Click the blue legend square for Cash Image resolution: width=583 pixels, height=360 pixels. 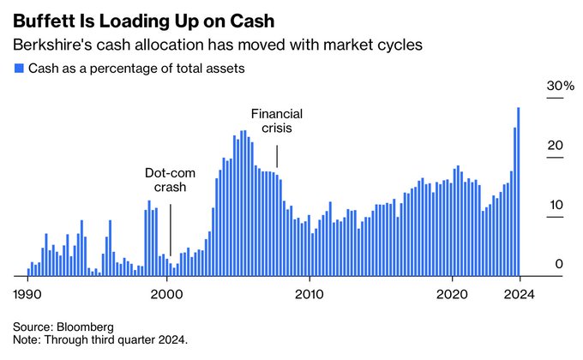(x=18, y=69)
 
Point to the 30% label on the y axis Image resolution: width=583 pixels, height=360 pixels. (x=560, y=87)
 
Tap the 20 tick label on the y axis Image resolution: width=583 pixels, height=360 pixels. (x=556, y=146)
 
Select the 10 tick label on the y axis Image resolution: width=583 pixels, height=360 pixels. (x=556, y=206)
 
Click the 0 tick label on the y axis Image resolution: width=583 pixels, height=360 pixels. (x=559, y=264)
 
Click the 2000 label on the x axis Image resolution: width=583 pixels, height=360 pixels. (x=166, y=294)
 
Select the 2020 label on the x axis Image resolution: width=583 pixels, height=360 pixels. (x=451, y=294)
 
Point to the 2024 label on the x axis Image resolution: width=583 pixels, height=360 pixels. (x=518, y=294)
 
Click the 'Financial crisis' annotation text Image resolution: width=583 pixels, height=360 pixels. (x=276, y=121)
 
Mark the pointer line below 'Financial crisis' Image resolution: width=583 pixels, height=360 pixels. (x=277, y=157)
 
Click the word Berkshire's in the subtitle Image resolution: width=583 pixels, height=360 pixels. (x=50, y=44)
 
